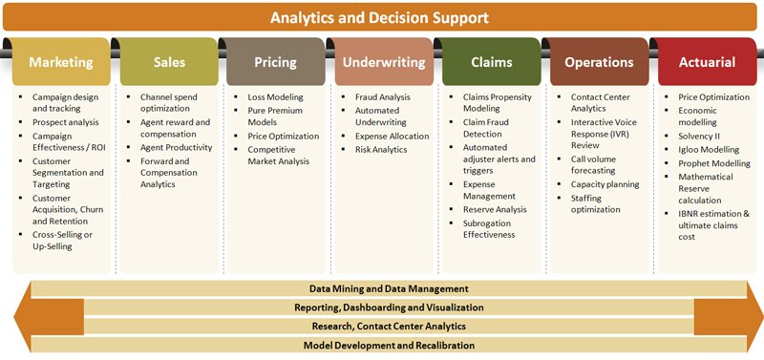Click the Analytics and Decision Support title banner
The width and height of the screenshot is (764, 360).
pos(380,18)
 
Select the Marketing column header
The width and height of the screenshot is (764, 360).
pos(61,63)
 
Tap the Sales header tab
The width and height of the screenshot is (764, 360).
pos(169,63)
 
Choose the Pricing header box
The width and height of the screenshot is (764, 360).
pos(275,63)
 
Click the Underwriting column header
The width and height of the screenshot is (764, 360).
pos(382,63)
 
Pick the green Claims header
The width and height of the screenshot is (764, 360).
pos(491,63)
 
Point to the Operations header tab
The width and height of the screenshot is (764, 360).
pos(599,63)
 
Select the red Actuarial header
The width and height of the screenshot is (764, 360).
pos(707,63)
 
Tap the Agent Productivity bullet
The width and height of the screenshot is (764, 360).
pos(176,148)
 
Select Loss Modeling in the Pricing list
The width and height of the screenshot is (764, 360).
pos(275,97)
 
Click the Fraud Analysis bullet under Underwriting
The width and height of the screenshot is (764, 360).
pos(382,97)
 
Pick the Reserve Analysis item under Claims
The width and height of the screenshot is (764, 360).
pos(495,209)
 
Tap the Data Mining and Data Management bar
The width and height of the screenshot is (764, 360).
pos(388,287)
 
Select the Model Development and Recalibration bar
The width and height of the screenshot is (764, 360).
pos(388,345)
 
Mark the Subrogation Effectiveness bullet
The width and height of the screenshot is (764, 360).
pos(488,228)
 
